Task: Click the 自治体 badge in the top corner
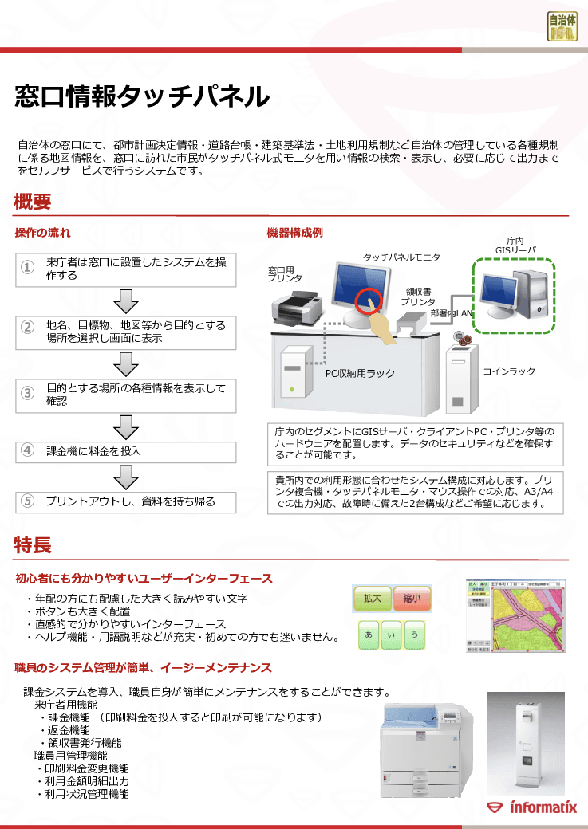(x=562, y=26)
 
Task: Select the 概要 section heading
(x=32, y=202)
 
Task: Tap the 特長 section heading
(x=32, y=545)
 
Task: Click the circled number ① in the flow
(x=27, y=269)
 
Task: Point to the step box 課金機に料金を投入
(x=127, y=451)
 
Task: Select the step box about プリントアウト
(x=127, y=501)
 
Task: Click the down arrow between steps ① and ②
(x=127, y=301)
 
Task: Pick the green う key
(x=413, y=635)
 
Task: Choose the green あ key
(x=368, y=635)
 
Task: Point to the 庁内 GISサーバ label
(x=515, y=246)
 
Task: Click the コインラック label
(x=508, y=372)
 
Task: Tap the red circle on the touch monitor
(x=369, y=301)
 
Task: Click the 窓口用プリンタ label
(x=285, y=275)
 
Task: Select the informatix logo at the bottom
(x=531, y=807)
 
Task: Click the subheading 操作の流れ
(x=43, y=233)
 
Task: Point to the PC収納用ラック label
(x=360, y=373)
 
